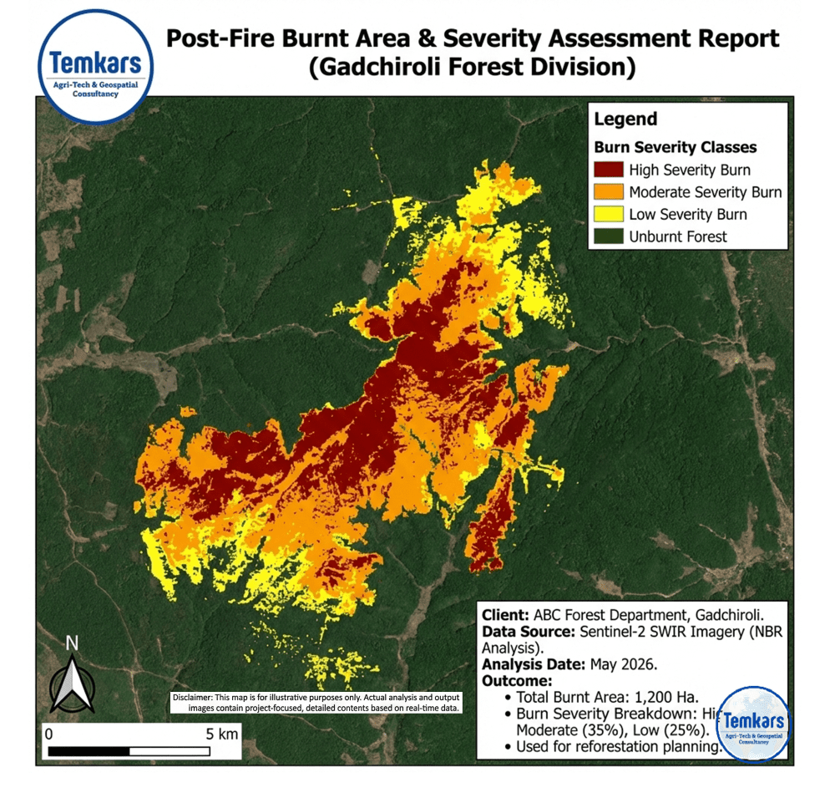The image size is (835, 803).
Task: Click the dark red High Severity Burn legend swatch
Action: pos(609,170)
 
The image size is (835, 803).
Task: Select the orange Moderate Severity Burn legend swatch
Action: pos(609,192)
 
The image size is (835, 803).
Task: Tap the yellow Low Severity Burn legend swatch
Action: pos(609,214)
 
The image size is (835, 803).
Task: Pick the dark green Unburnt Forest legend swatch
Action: pos(609,236)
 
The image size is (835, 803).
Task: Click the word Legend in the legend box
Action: pos(625,119)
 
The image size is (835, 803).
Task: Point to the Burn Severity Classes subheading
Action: pos(675,147)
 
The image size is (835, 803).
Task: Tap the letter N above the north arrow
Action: pos(73,643)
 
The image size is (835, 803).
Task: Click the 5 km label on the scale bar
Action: pos(222,734)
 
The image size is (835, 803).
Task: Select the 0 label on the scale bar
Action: pos(49,734)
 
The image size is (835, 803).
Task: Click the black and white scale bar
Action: pos(142,751)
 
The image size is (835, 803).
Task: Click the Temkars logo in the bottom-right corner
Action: pos(754,724)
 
